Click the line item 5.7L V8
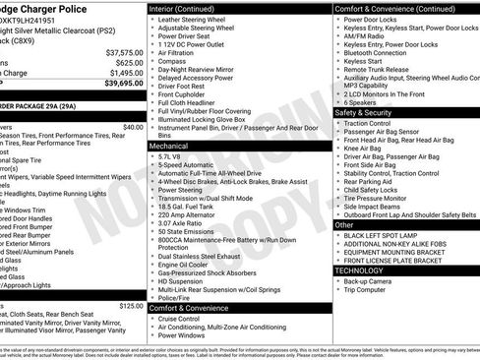tap(173, 155)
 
